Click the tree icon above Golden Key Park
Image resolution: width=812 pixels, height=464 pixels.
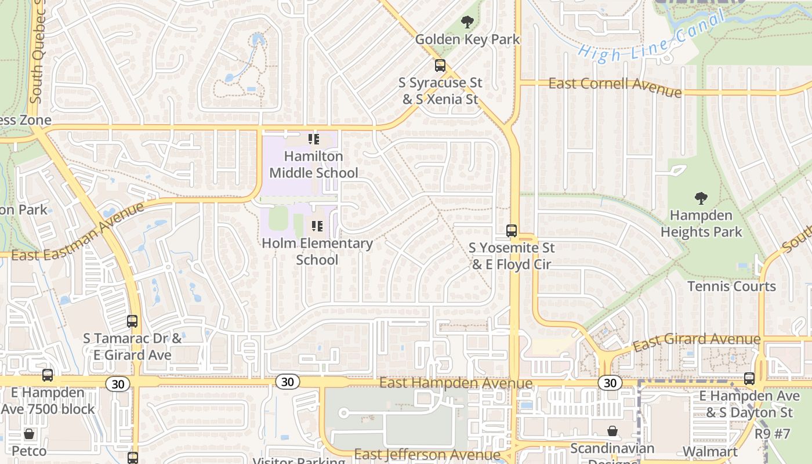coord(467,23)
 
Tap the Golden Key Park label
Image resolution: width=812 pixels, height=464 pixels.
coord(467,39)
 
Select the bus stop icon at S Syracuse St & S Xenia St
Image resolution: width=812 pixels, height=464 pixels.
coord(440,66)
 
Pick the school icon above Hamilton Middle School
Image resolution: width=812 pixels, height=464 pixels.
coord(314,139)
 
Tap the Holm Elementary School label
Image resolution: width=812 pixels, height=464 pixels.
coord(317,251)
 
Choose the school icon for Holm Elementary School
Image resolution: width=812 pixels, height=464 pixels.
coord(317,226)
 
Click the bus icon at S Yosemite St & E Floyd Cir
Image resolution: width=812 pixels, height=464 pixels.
coord(512,230)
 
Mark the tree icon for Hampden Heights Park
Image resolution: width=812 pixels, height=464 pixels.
coord(701,198)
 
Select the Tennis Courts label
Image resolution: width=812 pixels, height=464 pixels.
coord(731,286)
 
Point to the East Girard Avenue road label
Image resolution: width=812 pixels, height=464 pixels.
coord(696,342)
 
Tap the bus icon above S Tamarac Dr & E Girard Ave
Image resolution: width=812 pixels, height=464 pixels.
coord(132,321)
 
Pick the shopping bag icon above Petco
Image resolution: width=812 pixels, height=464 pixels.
coord(28,433)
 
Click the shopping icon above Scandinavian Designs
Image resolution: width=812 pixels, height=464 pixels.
coord(612,431)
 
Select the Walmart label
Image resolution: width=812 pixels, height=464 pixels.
coord(710,451)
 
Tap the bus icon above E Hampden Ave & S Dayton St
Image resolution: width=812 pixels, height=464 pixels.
coord(749,379)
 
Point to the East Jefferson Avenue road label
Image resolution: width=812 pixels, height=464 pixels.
coord(427,454)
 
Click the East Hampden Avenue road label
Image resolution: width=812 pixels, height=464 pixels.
coord(455,383)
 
